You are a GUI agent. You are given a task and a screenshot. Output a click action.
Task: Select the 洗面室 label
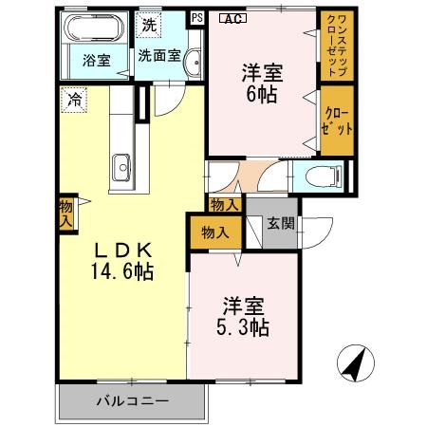tap(158, 55)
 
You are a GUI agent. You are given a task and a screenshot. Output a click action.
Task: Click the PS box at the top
tap(196, 16)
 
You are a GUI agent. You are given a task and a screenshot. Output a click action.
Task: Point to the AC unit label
tap(231, 17)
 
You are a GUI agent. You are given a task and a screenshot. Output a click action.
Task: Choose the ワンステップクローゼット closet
tap(335, 46)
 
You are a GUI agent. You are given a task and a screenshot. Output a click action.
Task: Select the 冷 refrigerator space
tap(72, 97)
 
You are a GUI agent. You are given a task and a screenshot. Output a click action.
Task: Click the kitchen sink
tap(121, 171)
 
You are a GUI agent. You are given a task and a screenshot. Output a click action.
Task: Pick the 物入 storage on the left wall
tap(65, 213)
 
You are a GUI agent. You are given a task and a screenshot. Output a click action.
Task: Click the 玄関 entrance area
tap(279, 224)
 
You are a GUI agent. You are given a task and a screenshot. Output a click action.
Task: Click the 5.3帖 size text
tap(244, 328)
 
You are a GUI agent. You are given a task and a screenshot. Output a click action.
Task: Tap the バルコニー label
tap(132, 401)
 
